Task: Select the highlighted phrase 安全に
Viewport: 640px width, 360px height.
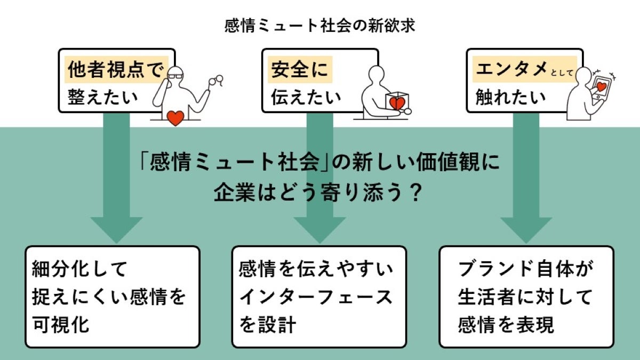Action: tap(299, 70)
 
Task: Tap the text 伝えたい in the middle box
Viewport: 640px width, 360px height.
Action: tap(306, 98)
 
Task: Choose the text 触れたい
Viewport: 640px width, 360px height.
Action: tap(510, 98)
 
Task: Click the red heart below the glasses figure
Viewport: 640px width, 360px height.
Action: tap(175, 117)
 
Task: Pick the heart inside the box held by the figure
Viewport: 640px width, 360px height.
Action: tap(397, 102)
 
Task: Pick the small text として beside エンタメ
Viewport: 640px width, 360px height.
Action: tap(562, 74)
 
